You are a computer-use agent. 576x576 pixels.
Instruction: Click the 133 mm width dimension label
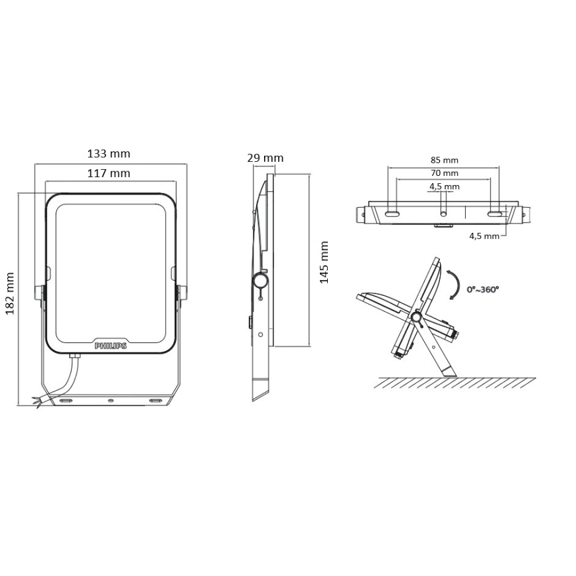click(109, 153)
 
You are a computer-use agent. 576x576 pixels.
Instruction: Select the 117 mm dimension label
click(109, 173)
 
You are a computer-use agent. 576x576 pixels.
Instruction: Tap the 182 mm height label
click(10, 293)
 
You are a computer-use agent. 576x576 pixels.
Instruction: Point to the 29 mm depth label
click(265, 158)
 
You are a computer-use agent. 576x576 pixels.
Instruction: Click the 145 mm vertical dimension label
click(324, 262)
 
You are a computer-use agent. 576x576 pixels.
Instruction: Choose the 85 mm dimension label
click(445, 160)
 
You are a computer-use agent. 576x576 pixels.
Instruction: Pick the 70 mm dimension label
click(445, 173)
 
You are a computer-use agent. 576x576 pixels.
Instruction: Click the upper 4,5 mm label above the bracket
click(445, 186)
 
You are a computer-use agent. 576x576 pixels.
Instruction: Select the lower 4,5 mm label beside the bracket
click(484, 236)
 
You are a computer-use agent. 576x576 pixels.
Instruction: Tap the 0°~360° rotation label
click(482, 289)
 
